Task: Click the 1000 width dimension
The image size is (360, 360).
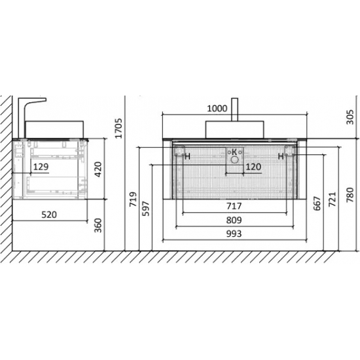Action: (x=217, y=109)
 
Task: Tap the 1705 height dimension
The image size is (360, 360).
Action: (x=119, y=128)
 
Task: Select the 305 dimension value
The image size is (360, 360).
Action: (x=350, y=117)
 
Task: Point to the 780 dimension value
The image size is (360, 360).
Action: (x=350, y=195)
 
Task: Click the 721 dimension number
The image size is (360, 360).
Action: (x=333, y=199)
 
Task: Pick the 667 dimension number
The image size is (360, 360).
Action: (x=317, y=204)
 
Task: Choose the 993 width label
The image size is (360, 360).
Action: (x=234, y=234)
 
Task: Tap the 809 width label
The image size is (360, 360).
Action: (x=234, y=220)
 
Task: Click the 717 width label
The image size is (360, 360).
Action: (x=234, y=206)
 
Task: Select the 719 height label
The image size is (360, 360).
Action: (x=133, y=199)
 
